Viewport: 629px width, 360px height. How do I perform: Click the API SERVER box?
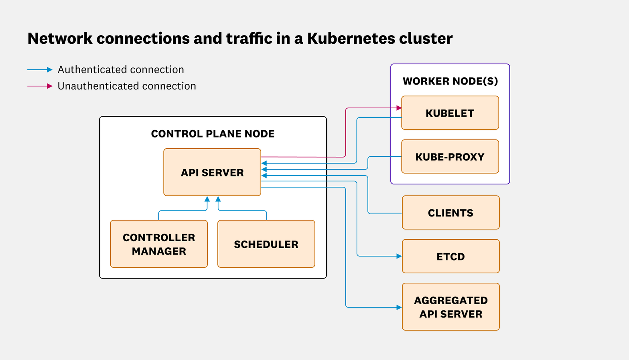coord(212,172)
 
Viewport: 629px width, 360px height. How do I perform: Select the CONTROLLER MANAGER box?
coord(159,244)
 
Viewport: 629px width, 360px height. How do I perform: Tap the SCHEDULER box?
coord(266,244)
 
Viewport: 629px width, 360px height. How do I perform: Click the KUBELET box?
coord(450,113)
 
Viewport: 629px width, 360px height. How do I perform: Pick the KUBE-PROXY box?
coord(450,156)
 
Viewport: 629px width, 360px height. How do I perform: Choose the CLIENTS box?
coord(450,212)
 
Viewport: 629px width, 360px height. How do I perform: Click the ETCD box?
coord(450,256)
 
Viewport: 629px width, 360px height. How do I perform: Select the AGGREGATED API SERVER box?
coord(450,307)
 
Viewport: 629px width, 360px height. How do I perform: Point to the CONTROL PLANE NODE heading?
coord(213,134)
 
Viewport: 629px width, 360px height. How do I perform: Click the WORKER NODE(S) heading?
coord(450,81)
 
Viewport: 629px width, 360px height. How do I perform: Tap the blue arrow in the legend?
coord(40,70)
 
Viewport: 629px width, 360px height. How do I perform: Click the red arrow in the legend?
coord(40,86)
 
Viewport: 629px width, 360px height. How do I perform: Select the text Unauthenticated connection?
coord(127,86)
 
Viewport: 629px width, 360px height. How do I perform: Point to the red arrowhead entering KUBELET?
coord(399,108)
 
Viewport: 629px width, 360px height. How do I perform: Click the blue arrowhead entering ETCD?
coord(399,256)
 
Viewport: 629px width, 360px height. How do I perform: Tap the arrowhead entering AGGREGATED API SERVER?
coord(399,307)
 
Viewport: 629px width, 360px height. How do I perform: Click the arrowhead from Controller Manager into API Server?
coord(207,199)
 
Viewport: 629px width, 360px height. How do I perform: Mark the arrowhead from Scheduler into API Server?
coord(218,199)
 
